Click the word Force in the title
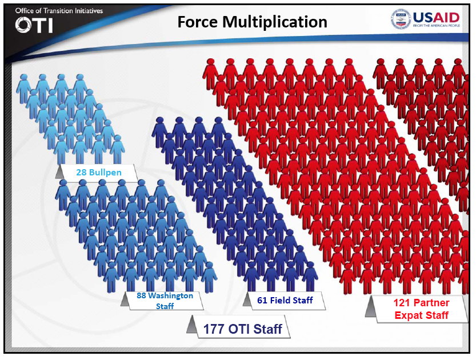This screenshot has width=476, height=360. click(x=197, y=22)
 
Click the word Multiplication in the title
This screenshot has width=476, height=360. click(x=275, y=22)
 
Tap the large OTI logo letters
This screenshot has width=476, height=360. click(x=34, y=25)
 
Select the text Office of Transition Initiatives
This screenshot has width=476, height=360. click(x=59, y=11)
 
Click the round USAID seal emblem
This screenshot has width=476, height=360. click(x=401, y=19)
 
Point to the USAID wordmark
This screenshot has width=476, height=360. click(x=436, y=17)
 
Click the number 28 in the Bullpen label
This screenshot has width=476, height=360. click(x=81, y=173)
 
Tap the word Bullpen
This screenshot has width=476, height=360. click(x=105, y=173)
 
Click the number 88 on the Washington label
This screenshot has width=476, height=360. click(x=141, y=295)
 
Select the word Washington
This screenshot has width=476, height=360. click(x=171, y=296)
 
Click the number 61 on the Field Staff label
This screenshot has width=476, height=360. click(x=262, y=300)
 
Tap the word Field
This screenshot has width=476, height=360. click(x=280, y=300)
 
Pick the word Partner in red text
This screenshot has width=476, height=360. click(x=431, y=303)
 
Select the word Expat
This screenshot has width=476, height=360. click(x=407, y=315)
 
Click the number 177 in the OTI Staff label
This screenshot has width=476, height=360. click(x=214, y=329)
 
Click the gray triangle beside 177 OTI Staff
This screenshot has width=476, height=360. click(x=191, y=324)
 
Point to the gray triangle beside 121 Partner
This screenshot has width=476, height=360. click(x=371, y=307)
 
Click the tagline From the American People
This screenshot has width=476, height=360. click(x=437, y=26)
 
